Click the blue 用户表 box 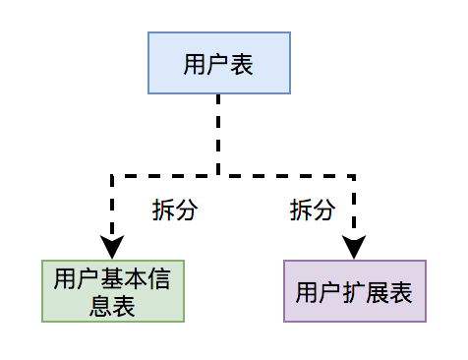[219, 63]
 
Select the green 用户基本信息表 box [113, 291]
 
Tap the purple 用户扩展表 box [355, 291]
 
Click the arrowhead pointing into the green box [112, 247]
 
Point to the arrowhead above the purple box [354, 247]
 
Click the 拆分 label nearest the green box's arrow [175, 210]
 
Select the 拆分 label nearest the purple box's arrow [313, 210]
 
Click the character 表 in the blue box [242, 65]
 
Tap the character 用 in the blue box [195, 65]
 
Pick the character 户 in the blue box [218, 65]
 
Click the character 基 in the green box [112, 278]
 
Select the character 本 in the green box [136, 278]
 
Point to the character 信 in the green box [159, 278]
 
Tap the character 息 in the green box [100, 306]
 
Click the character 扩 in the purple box [354, 292]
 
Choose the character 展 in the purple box [378, 292]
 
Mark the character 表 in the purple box [401, 292]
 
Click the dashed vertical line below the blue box [218, 135]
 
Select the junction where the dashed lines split [218, 176]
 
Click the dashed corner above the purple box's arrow [354, 176]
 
